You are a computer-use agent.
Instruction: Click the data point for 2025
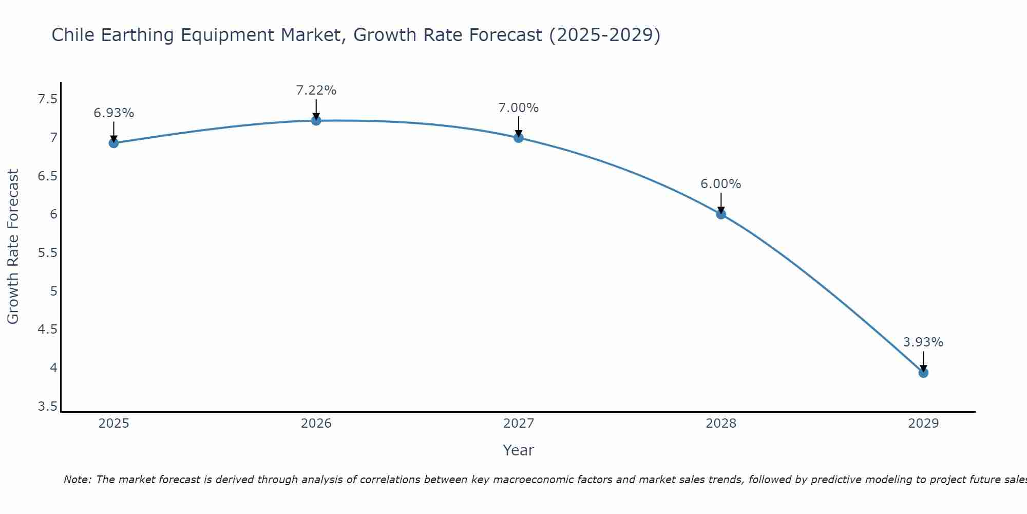[x=113, y=143]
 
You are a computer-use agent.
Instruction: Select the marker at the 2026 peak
[x=316, y=120]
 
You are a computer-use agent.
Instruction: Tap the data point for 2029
[x=923, y=373]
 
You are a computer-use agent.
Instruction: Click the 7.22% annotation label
[x=316, y=90]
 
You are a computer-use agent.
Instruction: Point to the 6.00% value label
[x=720, y=184]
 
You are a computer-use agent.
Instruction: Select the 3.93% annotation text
[x=923, y=342]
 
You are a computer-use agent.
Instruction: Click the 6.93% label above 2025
[x=113, y=113]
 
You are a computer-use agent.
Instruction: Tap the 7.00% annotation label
[x=518, y=108]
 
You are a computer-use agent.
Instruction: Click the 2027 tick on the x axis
[x=518, y=424]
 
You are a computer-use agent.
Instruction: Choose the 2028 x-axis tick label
[x=720, y=424]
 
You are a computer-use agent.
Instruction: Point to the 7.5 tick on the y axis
[x=47, y=99]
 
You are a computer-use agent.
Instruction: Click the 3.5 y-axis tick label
[x=47, y=407]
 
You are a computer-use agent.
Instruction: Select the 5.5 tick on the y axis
[x=47, y=253]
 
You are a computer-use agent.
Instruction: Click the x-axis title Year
[x=518, y=450]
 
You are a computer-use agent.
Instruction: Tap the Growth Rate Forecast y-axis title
[x=13, y=247]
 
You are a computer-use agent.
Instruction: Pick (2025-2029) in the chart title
[x=604, y=35]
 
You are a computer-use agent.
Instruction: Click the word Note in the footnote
[x=77, y=480]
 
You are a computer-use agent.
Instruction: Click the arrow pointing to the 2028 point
[x=720, y=203]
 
